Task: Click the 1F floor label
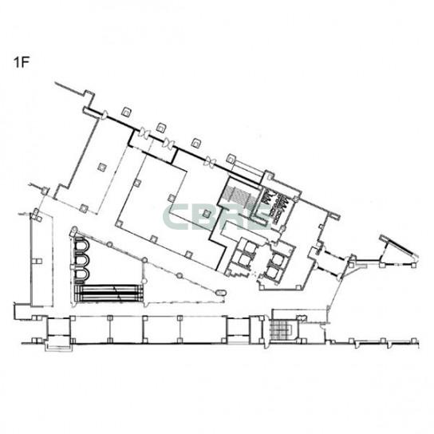click(x=22, y=63)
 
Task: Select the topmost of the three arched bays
click(x=82, y=244)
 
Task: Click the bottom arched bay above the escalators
click(x=82, y=274)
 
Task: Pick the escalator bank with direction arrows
click(x=109, y=293)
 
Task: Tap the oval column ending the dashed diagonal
click(x=221, y=292)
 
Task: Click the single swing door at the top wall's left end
click(x=105, y=114)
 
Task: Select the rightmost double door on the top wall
click(x=209, y=161)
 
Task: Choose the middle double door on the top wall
click(x=168, y=144)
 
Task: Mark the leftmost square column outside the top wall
click(x=127, y=112)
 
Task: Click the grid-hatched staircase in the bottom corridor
click(x=282, y=328)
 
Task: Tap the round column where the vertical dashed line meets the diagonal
click(x=144, y=260)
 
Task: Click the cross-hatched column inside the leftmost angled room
click(x=102, y=168)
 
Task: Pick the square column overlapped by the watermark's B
click(x=207, y=213)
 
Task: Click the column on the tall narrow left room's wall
click(x=38, y=261)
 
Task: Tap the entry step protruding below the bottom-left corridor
click(x=59, y=347)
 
